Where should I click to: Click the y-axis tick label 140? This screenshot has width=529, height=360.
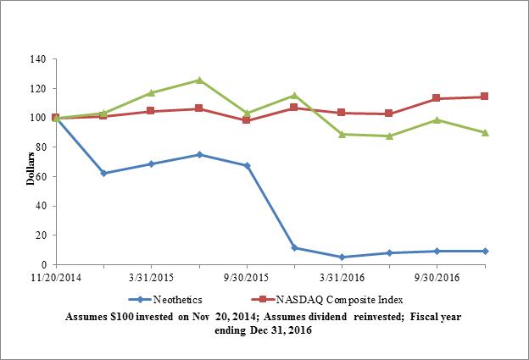[38, 59]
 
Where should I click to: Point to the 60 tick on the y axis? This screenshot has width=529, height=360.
[41, 176]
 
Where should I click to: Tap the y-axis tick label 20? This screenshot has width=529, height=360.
[41, 235]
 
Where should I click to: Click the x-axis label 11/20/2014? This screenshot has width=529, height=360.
[55, 277]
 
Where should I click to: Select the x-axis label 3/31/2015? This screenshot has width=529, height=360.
[150, 277]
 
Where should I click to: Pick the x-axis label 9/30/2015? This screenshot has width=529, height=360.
[246, 277]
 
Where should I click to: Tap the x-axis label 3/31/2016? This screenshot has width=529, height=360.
[341, 277]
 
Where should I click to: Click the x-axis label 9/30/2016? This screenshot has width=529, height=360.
[437, 277]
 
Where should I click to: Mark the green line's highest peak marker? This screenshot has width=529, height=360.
[198, 80]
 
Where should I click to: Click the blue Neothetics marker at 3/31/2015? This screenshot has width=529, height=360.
[151, 163]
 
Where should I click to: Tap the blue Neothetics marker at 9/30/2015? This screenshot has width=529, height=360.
[247, 165]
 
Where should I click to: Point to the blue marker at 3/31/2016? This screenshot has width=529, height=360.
[342, 257]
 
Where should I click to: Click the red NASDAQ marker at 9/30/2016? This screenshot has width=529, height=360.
[437, 98]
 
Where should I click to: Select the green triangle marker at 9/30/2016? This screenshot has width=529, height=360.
[437, 119]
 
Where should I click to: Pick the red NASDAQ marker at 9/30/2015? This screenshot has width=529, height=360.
[247, 120]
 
